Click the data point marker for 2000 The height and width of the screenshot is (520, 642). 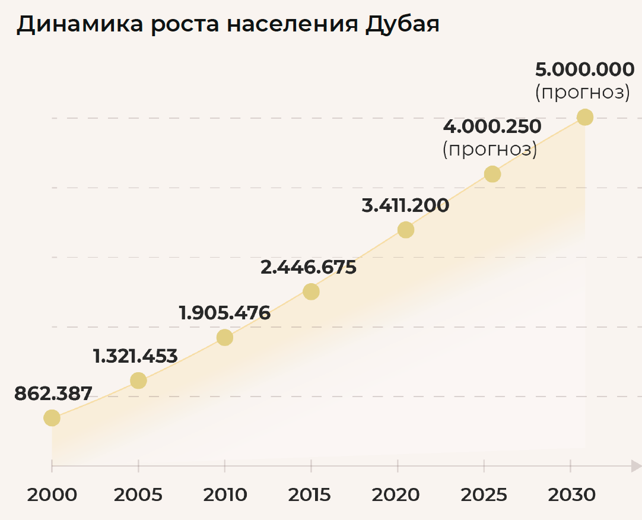coord(52,418)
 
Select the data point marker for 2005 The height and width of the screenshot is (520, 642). coord(138,381)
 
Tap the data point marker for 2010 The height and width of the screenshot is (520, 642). coord(224,337)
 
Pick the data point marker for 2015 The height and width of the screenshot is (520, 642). coord(311,291)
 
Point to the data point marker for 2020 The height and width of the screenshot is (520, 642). coord(405,230)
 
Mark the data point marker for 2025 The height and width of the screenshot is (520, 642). coord(492,174)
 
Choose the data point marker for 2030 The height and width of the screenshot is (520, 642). coord(585,117)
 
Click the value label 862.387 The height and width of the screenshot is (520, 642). coord(53,394)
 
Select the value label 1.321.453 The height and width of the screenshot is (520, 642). coord(135,356)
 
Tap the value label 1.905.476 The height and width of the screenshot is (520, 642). coord(225,313)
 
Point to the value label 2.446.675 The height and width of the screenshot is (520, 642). coord(309,267)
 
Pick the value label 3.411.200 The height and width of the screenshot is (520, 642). coord(405,206)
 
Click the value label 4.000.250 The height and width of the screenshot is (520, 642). coord(492,127)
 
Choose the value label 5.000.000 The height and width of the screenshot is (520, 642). coord(585,70)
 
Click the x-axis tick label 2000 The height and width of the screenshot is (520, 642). coord(52,494)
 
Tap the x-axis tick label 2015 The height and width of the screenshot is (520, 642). coord(311,494)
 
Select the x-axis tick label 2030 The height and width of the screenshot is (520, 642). coord(571,494)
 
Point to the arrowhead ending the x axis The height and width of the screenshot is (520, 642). coord(635,466)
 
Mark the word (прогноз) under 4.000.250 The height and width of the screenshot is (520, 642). coord(490,150)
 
